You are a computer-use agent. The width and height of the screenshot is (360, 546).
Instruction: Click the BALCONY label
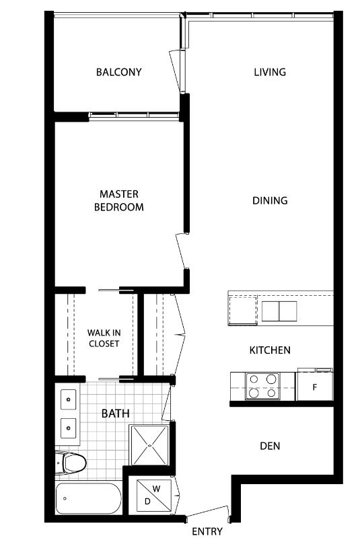click(119, 72)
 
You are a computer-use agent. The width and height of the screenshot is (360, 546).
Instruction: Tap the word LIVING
click(270, 72)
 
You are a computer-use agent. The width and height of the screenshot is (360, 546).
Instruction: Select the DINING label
click(270, 200)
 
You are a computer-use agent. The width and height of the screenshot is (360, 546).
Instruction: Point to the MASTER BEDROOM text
click(119, 200)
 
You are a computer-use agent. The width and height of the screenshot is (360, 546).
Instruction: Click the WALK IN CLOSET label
click(104, 338)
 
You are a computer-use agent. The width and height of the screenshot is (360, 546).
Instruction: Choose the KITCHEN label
click(270, 350)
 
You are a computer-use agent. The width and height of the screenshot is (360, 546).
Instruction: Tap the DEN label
click(270, 446)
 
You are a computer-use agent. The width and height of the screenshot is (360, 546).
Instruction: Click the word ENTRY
click(207, 532)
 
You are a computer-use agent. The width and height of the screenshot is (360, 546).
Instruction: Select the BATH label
click(115, 414)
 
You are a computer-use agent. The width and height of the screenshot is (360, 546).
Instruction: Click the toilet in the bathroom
click(71, 463)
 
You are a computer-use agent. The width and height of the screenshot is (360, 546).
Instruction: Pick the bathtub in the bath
click(89, 498)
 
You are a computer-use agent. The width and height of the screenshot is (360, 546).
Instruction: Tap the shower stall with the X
click(149, 444)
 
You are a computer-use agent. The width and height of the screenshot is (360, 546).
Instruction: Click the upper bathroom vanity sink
click(69, 399)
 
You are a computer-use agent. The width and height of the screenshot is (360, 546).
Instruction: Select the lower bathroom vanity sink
click(69, 428)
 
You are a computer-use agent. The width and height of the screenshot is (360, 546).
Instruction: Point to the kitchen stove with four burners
click(262, 386)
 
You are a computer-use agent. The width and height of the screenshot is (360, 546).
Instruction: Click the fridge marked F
click(315, 387)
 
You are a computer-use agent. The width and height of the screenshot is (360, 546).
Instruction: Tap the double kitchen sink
click(279, 311)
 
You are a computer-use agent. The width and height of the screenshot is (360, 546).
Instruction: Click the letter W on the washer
click(157, 489)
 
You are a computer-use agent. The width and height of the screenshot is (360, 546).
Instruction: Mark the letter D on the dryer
click(147, 502)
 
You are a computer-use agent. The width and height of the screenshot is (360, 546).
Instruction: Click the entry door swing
click(208, 512)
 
